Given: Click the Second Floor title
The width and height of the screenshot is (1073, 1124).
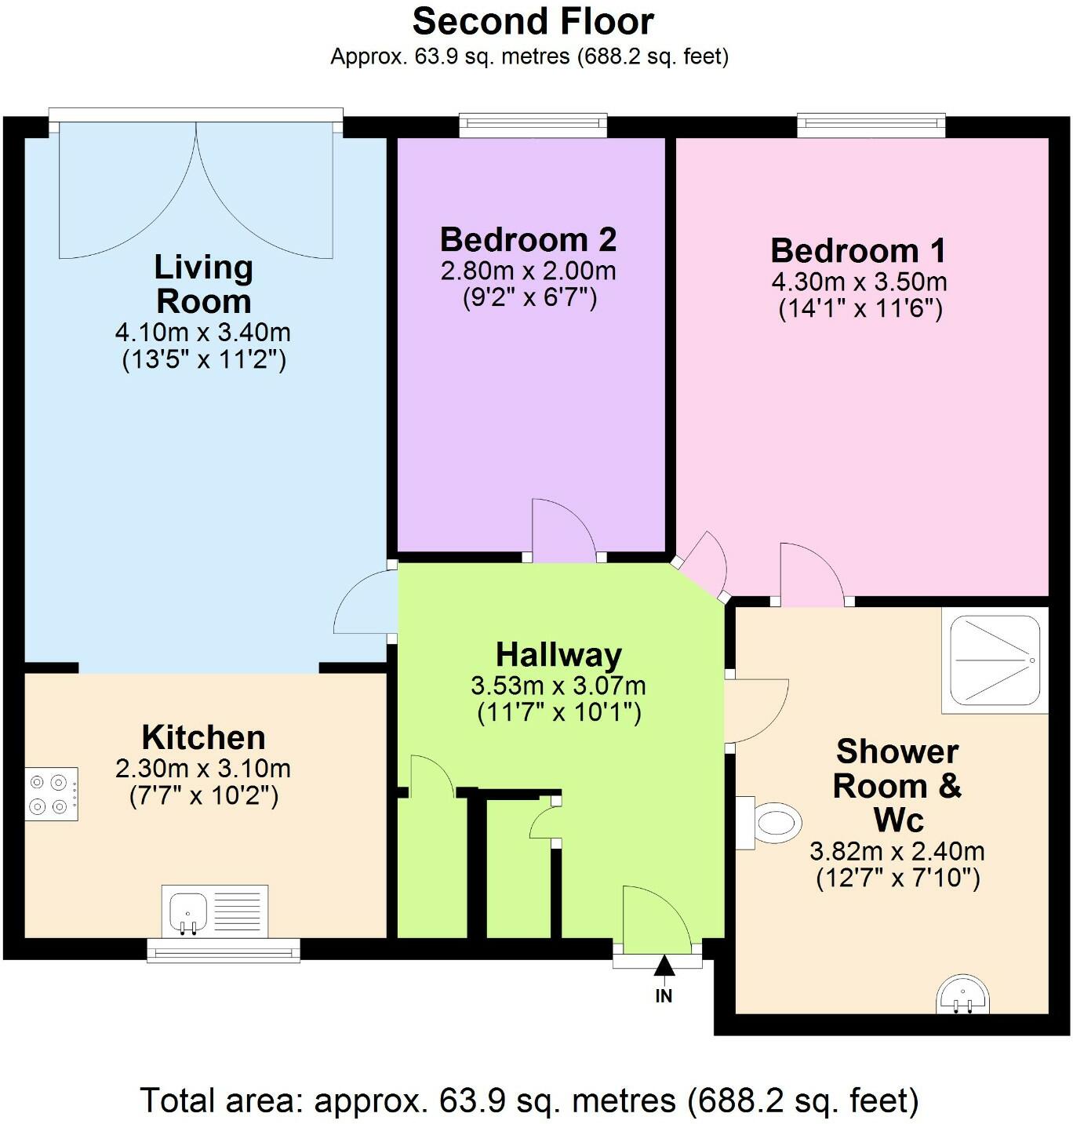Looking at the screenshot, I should (533, 22).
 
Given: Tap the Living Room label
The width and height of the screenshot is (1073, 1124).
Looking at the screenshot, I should (203, 284).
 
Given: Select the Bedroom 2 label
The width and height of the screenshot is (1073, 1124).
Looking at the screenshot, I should (528, 239).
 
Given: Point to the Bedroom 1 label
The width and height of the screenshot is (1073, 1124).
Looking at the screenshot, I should (859, 250).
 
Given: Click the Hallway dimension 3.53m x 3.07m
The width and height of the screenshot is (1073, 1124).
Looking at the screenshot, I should (558, 686).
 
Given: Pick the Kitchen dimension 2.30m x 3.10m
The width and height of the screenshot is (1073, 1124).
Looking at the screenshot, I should (203, 768).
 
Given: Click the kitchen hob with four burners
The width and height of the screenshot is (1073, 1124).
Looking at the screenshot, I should (51, 794).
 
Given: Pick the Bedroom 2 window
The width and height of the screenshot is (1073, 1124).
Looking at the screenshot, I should (533, 124).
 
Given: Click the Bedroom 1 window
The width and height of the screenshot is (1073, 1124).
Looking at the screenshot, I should (871, 124).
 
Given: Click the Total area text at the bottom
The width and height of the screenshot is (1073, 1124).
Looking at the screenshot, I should (529, 1100).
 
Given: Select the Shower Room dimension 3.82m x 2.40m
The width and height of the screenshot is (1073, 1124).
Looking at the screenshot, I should (897, 850).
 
